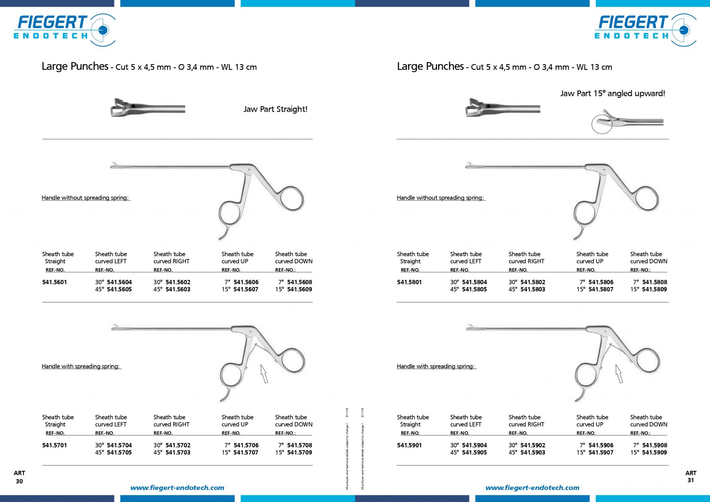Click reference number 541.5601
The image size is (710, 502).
pyautogui.click(x=54, y=282)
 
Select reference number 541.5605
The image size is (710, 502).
pyautogui.click(x=119, y=289)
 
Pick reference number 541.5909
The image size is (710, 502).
pyautogui.click(x=655, y=452)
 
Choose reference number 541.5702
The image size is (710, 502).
pyautogui.click(x=178, y=445)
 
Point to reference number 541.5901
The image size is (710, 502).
pyautogui.click(x=409, y=445)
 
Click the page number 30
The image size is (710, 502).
pyautogui.click(x=19, y=481)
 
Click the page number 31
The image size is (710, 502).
pyautogui.click(x=691, y=480)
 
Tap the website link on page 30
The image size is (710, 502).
pyautogui.click(x=177, y=488)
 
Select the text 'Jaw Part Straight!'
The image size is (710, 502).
pyautogui.click(x=275, y=110)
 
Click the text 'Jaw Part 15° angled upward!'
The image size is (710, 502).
pyautogui.click(x=613, y=94)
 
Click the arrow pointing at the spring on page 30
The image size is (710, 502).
pyautogui.click(x=264, y=374)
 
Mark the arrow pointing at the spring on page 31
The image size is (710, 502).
pyautogui.click(x=619, y=374)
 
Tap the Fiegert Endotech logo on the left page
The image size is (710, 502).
pyautogui.click(x=64, y=30)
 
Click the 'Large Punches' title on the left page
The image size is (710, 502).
pyautogui.click(x=75, y=66)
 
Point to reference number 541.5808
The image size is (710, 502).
pyautogui.click(x=655, y=282)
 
